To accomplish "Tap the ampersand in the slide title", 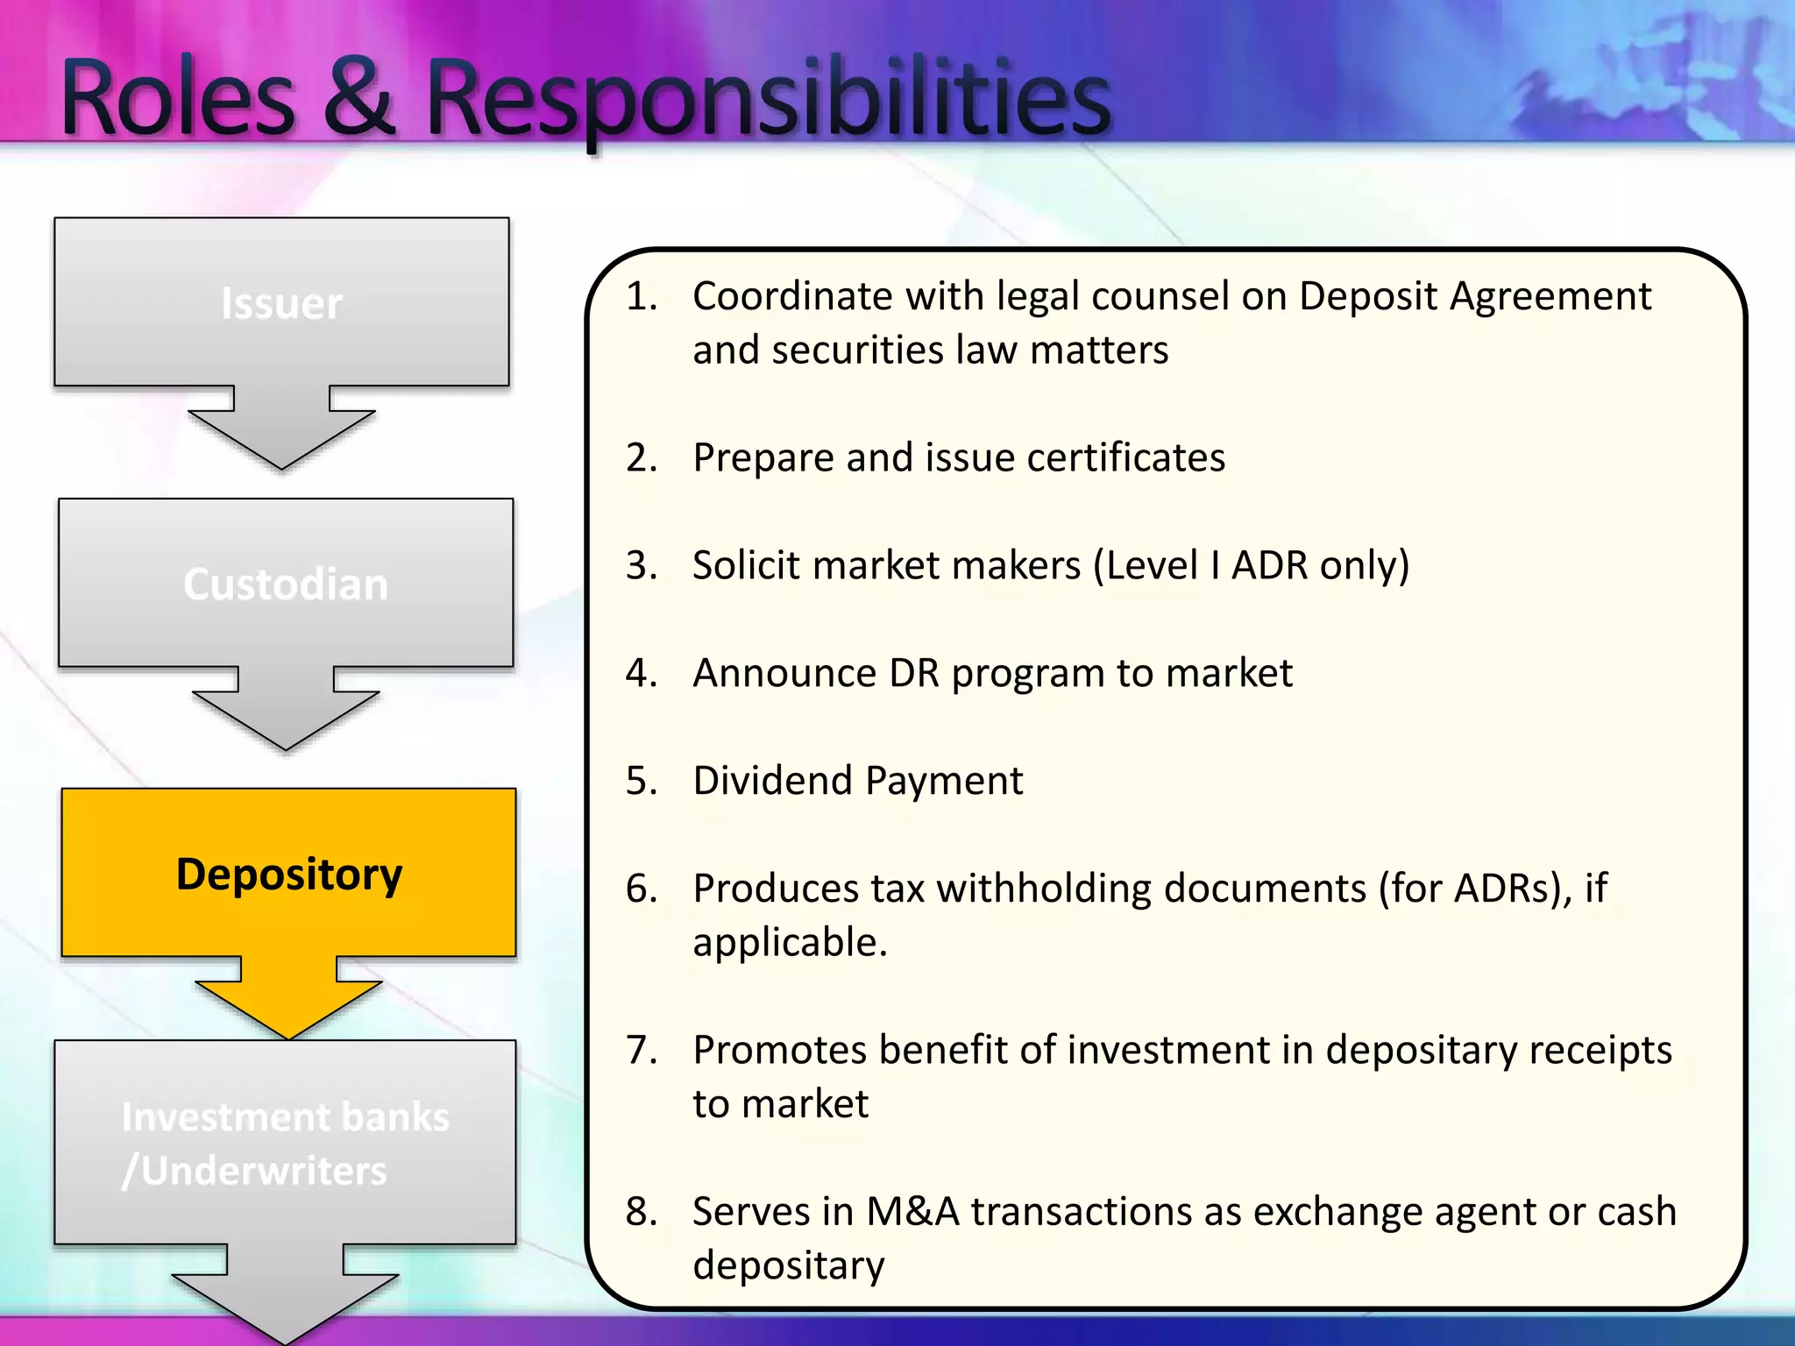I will pyautogui.click(x=359, y=98).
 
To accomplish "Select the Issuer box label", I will pyautogui.click(x=281, y=304).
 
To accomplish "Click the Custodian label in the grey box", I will pyautogui.click(x=286, y=584).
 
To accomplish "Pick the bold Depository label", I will pyautogui.click(x=289, y=875).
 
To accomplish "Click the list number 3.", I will pyautogui.click(x=640, y=566).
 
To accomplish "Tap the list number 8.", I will pyautogui.click(x=640, y=1212).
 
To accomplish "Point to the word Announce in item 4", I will pyautogui.click(x=784, y=674).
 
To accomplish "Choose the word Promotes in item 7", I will pyautogui.click(x=779, y=1051).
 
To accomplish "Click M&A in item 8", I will pyautogui.click(x=912, y=1212).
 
